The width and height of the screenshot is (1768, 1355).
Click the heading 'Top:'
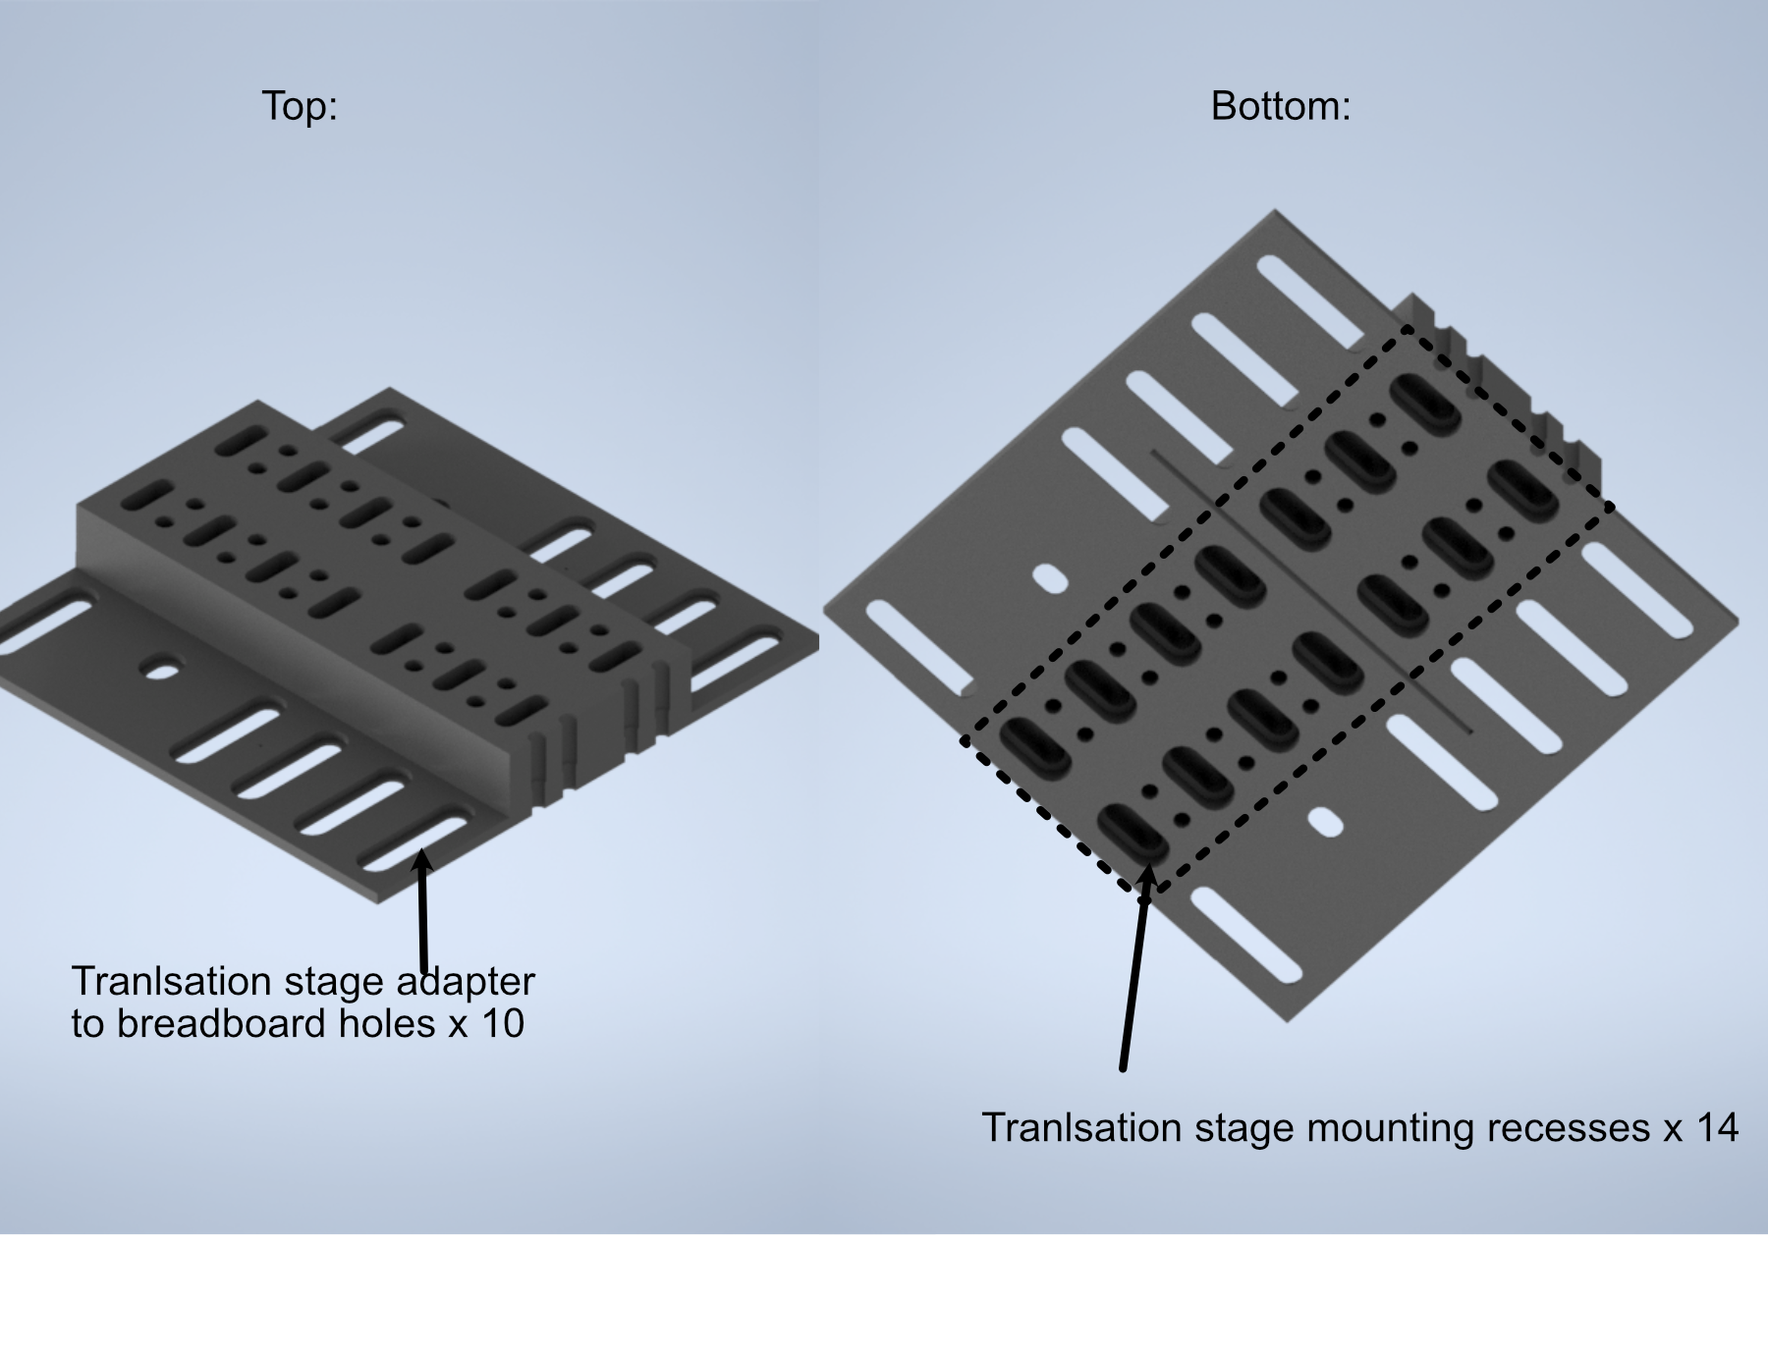[300, 106]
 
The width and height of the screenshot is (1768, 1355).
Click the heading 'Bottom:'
[1280, 106]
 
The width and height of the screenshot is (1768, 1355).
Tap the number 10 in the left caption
[502, 1024]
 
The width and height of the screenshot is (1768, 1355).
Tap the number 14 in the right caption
[1716, 1127]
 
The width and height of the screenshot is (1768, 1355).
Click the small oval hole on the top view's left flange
[163, 672]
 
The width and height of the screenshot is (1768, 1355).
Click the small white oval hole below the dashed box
[1326, 822]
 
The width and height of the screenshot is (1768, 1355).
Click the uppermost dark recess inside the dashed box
[1425, 404]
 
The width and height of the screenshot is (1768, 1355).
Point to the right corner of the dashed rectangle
[1612, 507]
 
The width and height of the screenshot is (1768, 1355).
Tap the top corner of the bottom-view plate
[1274, 211]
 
